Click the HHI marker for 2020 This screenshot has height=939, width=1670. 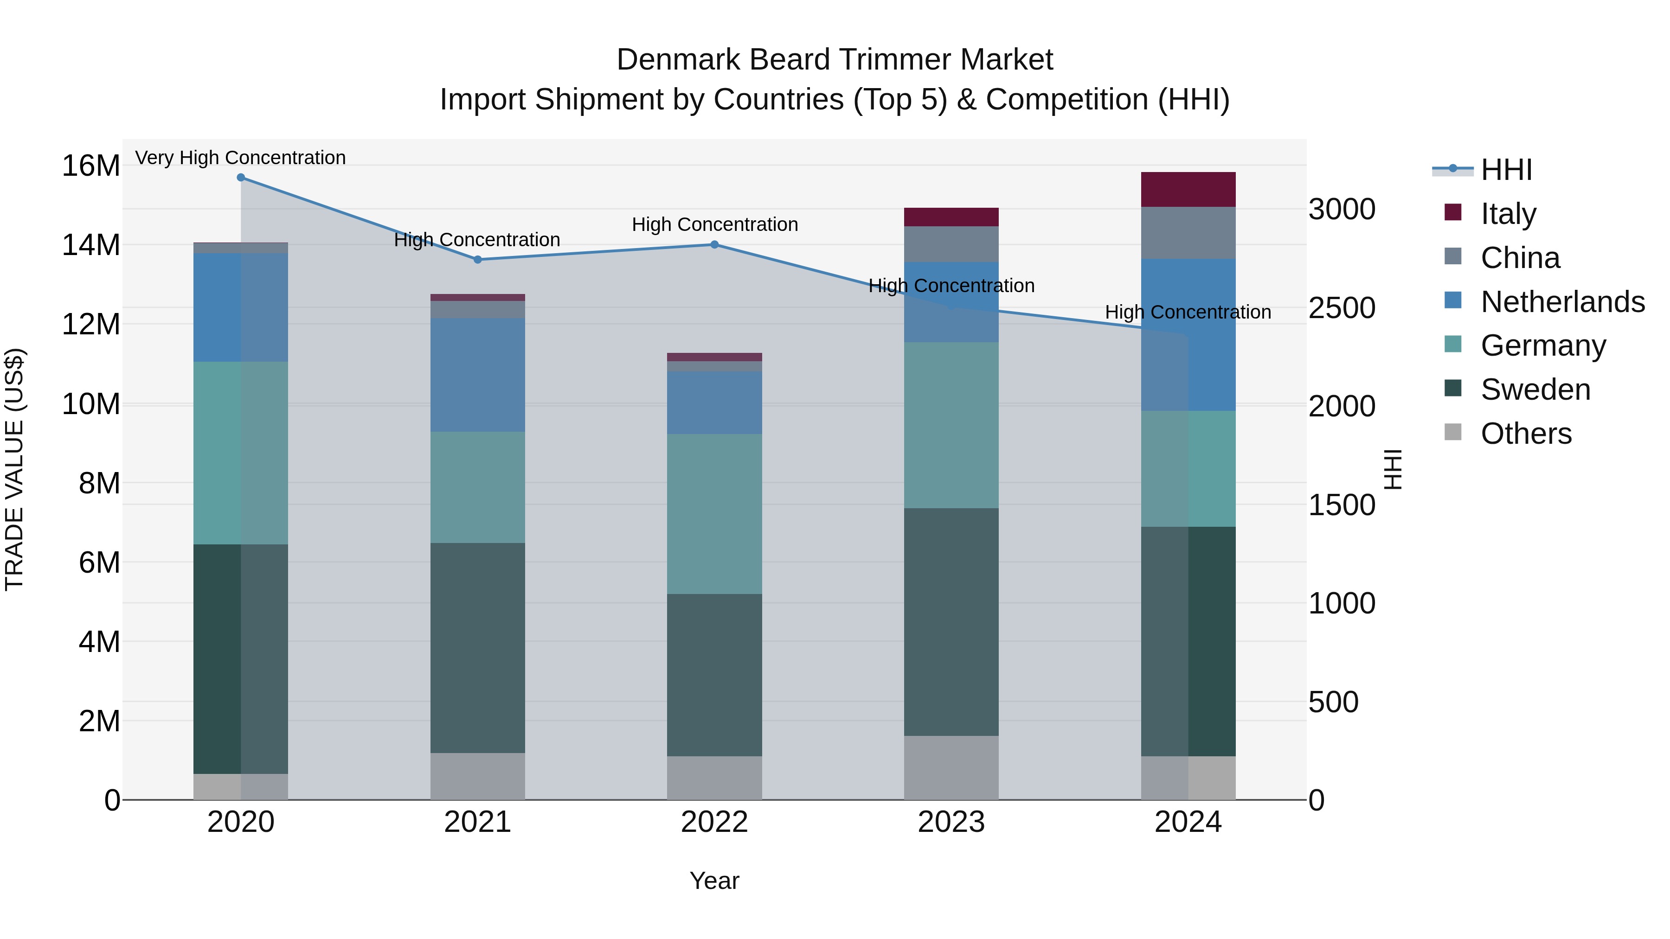240,178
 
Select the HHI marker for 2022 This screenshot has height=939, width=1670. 714,245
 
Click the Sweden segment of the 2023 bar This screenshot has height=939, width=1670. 951,622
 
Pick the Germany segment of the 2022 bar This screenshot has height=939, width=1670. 714,514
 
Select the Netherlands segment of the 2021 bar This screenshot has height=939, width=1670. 478,375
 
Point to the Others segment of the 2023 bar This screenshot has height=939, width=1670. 951,768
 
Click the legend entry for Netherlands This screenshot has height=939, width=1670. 1562,302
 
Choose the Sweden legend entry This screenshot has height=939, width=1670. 1535,390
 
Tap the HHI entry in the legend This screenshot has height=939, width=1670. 1506,170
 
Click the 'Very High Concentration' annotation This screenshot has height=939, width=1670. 240,158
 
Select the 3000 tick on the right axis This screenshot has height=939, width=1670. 1341,209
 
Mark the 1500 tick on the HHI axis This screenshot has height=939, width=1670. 1341,505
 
